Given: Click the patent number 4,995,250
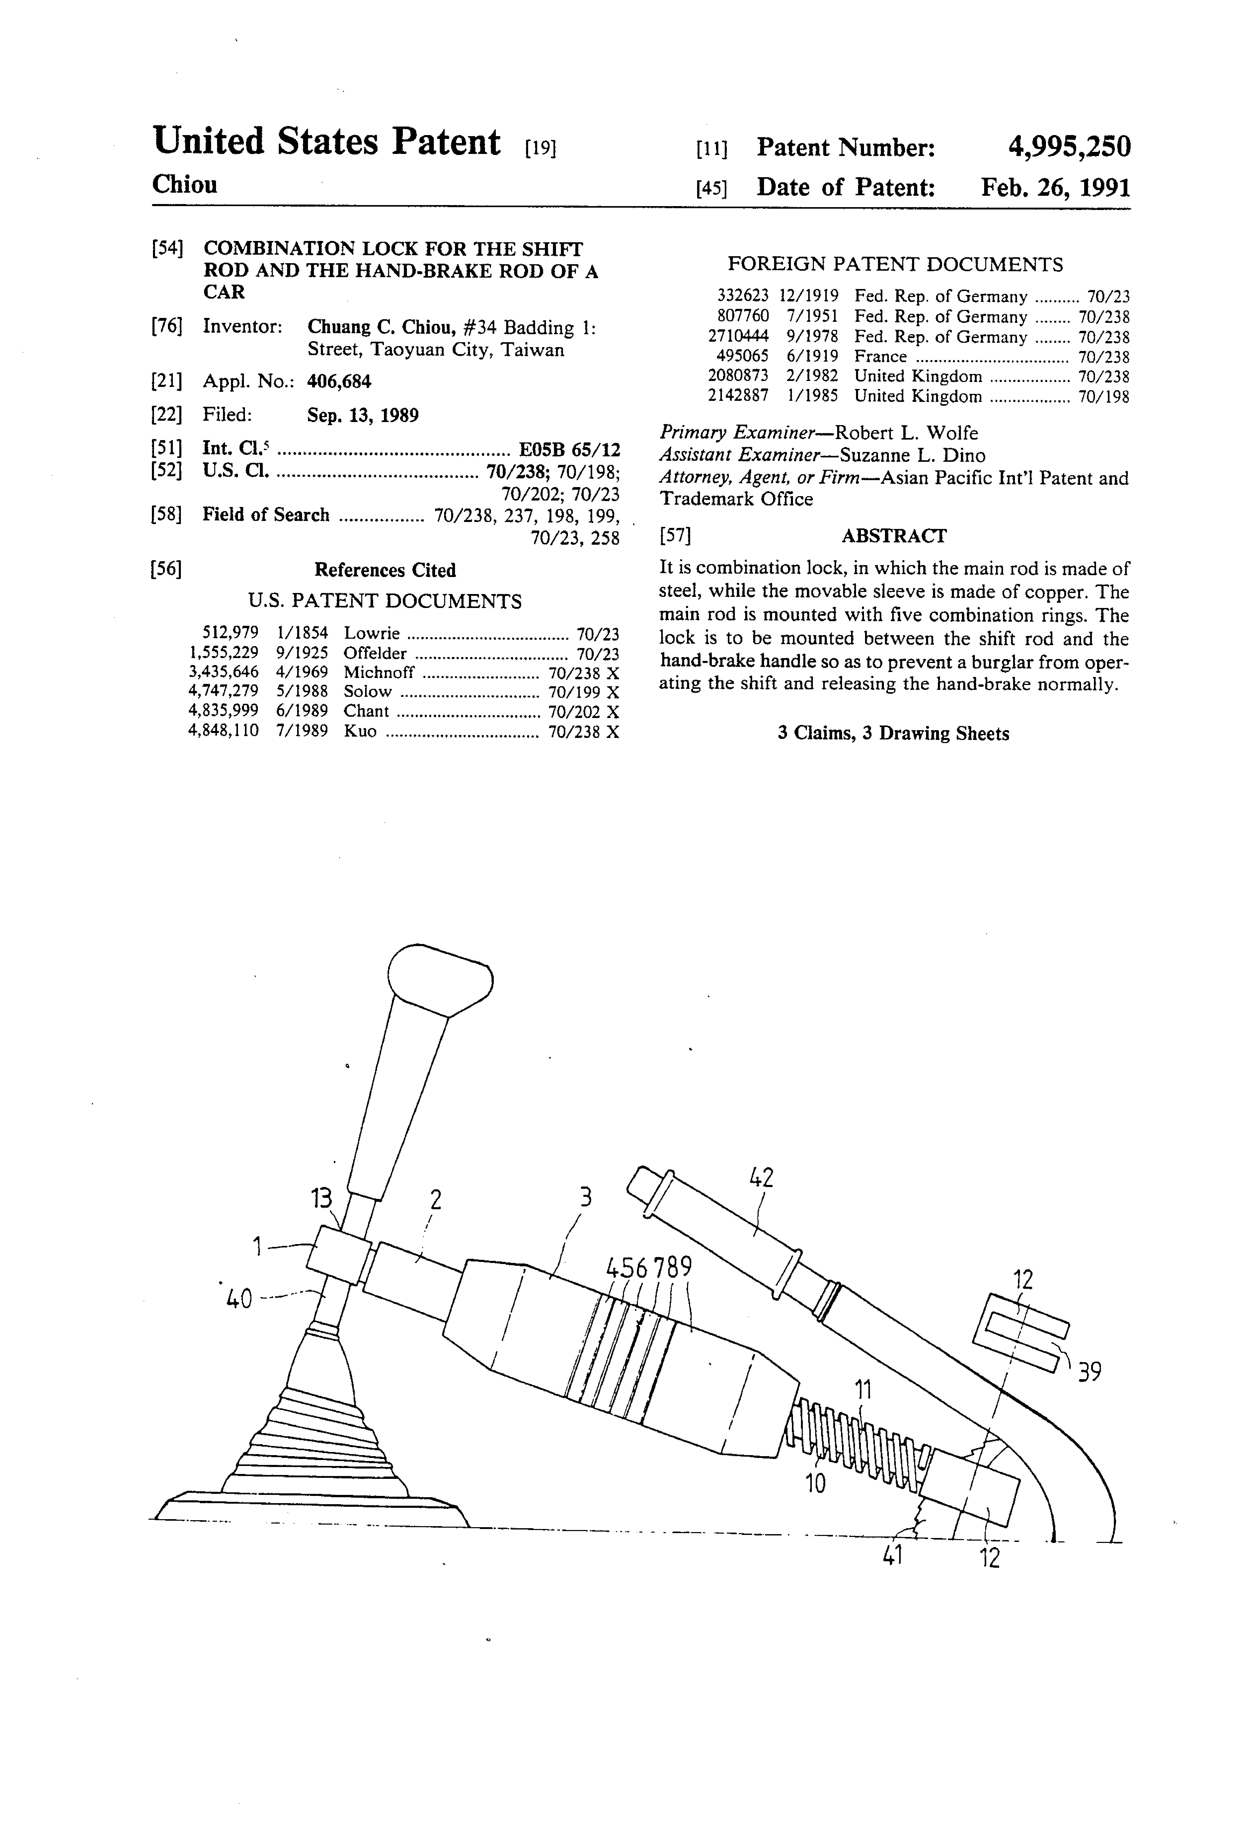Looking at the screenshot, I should (1069, 147).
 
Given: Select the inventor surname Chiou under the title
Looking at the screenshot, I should (185, 185).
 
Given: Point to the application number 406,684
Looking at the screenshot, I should (339, 382).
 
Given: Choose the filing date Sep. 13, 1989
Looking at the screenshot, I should (363, 415).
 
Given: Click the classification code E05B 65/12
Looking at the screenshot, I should (568, 450).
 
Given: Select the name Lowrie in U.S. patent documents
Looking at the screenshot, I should (371, 634).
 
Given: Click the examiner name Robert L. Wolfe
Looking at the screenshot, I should (906, 433).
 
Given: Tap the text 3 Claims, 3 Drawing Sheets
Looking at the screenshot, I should (893, 734).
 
